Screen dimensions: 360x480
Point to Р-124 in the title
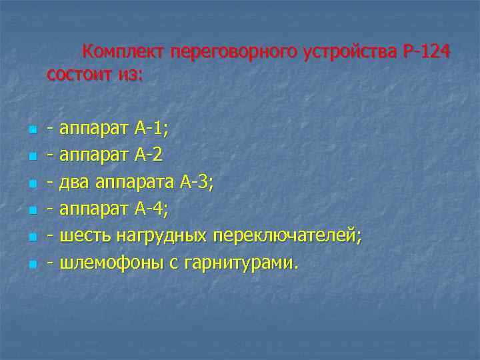tap(427, 52)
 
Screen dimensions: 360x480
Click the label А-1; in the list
tap(151, 128)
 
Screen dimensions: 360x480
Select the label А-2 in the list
tap(148, 155)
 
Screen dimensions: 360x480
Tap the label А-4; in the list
tap(151, 209)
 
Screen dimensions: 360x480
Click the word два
tap(75, 183)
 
